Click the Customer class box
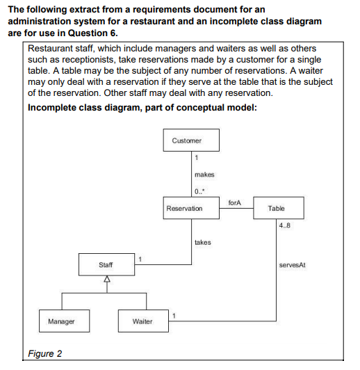tap(191, 140)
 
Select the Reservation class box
tap(191, 208)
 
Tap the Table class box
tap(279, 208)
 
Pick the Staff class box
tap(106, 264)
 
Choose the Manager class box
tap(65, 321)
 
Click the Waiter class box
tap(143, 321)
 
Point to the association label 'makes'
tap(204, 175)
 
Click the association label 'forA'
tap(235, 202)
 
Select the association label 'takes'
tap(203, 242)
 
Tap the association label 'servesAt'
tap(292, 265)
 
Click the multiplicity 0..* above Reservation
tap(199, 191)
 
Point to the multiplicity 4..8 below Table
tap(284, 225)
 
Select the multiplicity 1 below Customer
tap(197, 157)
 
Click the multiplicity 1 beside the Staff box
tap(140, 259)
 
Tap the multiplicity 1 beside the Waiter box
tap(174, 316)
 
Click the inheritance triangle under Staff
tap(107, 279)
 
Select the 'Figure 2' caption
tap(44, 353)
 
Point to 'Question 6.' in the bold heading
tap(93, 33)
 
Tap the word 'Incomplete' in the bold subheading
tap(51, 108)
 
